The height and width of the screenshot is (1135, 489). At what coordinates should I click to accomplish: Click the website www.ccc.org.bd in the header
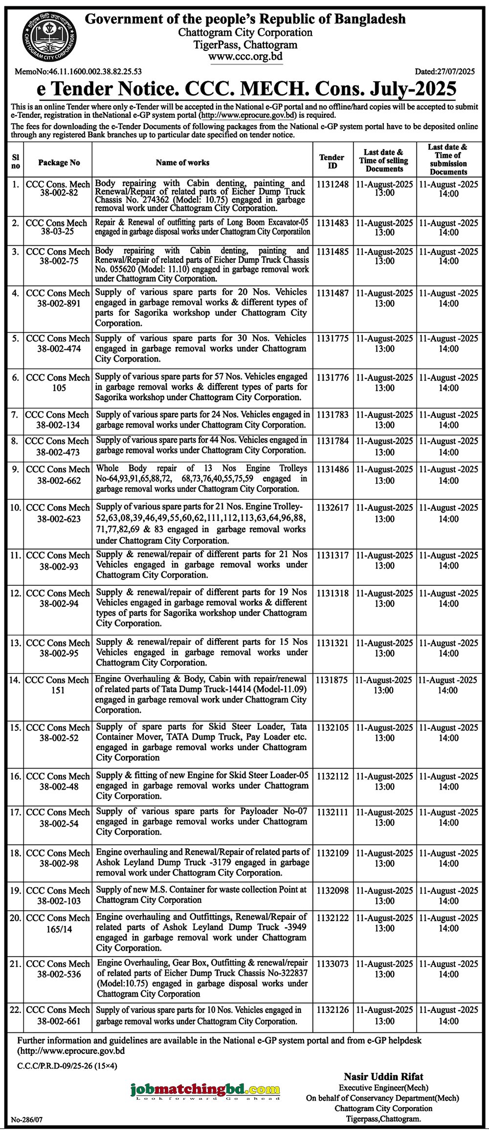(x=245, y=57)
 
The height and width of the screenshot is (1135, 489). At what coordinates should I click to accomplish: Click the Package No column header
(x=59, y=163)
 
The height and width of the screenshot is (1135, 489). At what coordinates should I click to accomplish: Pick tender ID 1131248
(x=333, y=184)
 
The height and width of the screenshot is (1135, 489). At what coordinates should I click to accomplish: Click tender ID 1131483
(x=333, y=223)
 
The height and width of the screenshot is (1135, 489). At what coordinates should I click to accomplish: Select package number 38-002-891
(x=59, y=303)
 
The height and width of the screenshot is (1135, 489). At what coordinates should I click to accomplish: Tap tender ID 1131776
(x=333, y=378)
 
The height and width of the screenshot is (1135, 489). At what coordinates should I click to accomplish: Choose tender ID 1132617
(x=333, y=508)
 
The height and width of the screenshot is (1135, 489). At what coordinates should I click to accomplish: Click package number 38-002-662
(x=59, y=480)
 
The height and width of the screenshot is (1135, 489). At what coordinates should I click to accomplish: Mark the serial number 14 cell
(x=15, y=680)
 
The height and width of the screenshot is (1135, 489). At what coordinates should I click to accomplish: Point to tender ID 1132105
(x=333, y=728)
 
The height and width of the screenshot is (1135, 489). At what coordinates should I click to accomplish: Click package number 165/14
(x=59, y=929)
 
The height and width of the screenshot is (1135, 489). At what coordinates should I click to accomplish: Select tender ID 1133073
(x=333, y=964)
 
